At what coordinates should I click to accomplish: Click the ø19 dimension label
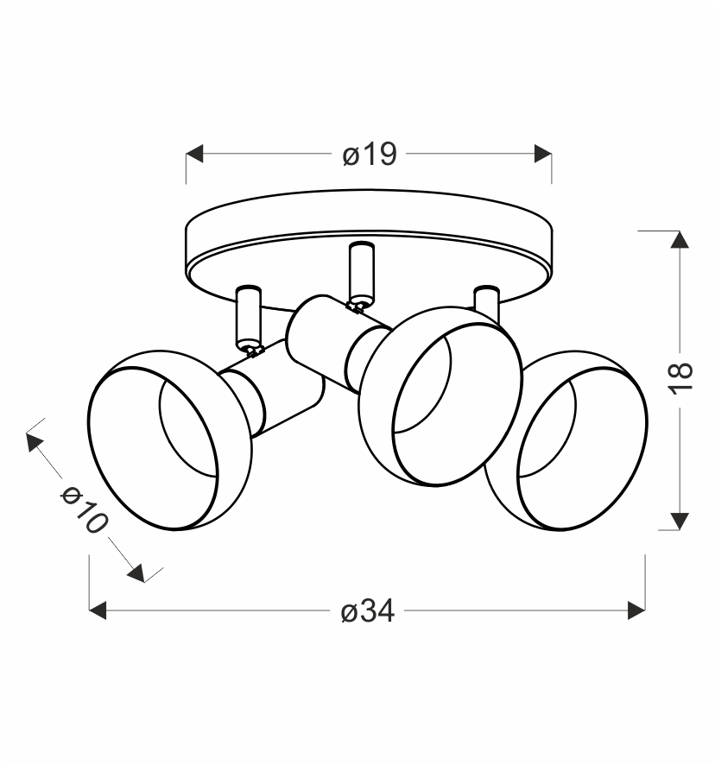370,155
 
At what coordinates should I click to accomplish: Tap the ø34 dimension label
368,610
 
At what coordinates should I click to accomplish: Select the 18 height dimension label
680,378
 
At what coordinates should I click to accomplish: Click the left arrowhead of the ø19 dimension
194,154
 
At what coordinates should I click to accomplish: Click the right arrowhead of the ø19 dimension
543,154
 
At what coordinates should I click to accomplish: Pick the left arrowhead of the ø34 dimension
98,610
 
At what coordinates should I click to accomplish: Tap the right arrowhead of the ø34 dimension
636,610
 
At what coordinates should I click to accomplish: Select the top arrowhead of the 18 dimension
680,239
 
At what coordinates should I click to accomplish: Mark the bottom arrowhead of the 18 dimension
680,521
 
